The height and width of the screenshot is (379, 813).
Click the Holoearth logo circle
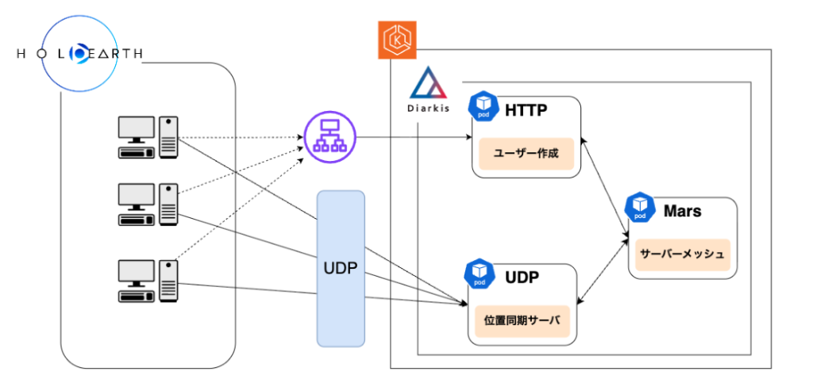(x=81, y=53)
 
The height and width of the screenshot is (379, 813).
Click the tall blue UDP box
(x=341, y=268)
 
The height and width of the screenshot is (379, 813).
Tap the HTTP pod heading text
(x=526, y=110)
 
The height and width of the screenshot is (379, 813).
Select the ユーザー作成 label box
(x=526, y=153)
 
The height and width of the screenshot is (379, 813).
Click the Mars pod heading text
(x=682, y=212)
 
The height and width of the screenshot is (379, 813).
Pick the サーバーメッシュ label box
(x=682, y=255)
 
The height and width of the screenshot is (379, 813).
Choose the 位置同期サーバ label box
(x=522, y=320)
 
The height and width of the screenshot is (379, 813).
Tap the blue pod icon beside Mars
(x=640, y=207)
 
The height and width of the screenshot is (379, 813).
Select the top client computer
(x=148, y=138)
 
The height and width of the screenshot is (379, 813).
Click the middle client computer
(x=148, y=204)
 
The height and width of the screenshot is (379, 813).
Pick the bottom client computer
(x=148, y=281)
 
